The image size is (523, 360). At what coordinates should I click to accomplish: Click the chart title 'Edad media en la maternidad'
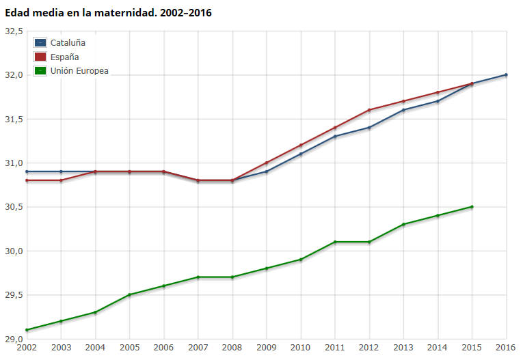tap(109, 12)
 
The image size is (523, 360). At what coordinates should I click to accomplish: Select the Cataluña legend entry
tap(68, 42)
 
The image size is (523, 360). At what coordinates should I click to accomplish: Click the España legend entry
tap(64, 57)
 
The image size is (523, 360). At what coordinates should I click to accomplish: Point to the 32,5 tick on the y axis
tap(14, 31)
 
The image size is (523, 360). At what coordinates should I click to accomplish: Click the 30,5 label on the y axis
tap(14, 207)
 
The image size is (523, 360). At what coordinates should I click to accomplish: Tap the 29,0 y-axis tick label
tap(14, 339)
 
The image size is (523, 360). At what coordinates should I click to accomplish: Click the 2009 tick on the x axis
tap(267, 348)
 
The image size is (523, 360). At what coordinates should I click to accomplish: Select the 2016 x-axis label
tap(506, 348)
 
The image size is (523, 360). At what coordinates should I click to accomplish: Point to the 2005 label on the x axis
tap(129, 348)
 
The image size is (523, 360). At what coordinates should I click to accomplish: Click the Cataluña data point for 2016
tap(506, 74)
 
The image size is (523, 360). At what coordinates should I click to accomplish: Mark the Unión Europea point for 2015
tap(472, 207)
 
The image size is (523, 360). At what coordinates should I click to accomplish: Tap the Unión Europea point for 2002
tap(27, 330)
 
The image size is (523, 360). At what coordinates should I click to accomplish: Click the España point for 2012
tap(369, 110)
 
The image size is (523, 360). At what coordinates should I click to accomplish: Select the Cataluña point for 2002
tap(27, 171)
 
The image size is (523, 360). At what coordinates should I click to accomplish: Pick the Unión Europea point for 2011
tap(335, 242)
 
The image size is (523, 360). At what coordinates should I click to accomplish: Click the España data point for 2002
tap(27, 180)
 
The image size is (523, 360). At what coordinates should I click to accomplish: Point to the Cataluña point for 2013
tap(403, 110)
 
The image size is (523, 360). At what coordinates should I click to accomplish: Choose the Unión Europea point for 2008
tap(232, 277)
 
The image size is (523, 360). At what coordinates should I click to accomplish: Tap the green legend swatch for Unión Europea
tap(40, 70)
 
